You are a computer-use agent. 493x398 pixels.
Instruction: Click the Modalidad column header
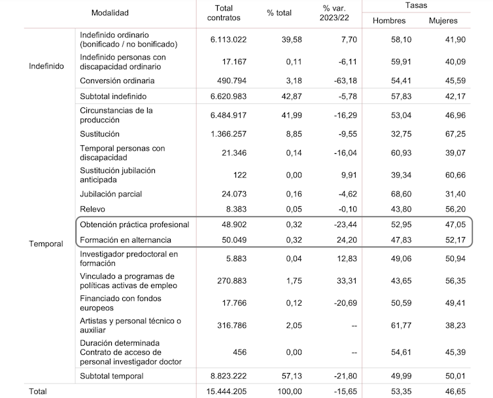pos(110,12)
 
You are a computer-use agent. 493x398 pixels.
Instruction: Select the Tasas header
pos(415,5)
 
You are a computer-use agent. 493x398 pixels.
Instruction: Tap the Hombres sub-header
pos(389,21)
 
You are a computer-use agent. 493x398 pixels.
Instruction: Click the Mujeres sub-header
pos(443,21)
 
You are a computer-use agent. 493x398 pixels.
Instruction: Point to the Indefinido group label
pos(46,65)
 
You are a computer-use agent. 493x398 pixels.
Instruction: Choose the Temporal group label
pos(46,244)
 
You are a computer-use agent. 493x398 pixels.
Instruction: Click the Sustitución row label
pos(99,134)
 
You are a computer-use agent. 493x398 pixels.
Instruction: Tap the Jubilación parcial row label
pos(110,194)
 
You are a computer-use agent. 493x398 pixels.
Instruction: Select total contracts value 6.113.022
pos(228,39)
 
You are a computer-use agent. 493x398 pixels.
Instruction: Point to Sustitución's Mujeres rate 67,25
pos(445,134)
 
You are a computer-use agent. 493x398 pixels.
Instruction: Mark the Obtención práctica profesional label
pos(134,225)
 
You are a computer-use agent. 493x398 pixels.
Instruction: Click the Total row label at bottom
pos(37,391)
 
